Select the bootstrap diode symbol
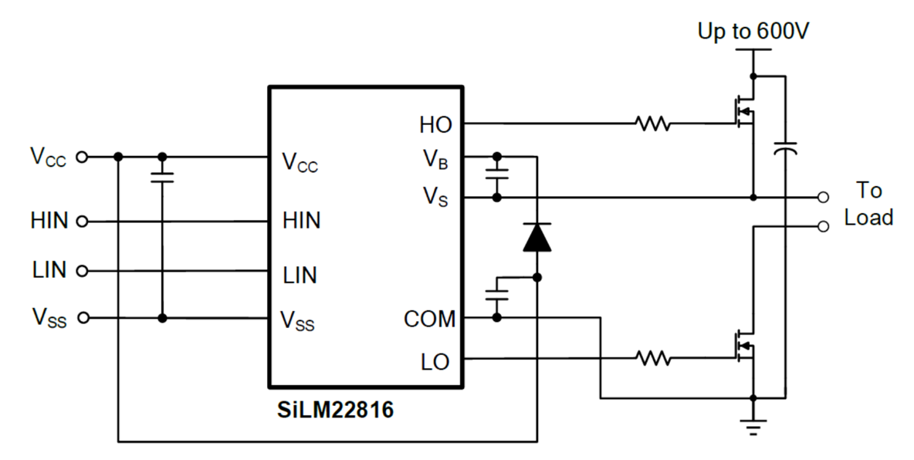click(537, 238)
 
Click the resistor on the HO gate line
click(652, 123)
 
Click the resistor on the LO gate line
click(652, 358)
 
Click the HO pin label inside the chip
click(435, 124)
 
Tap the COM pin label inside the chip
click(429, 319)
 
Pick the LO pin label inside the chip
click(435, 362)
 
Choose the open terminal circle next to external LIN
click(83, 271)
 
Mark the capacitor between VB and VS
click(496, 174)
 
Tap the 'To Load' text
click(868, 204)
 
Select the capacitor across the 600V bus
click(785, 147)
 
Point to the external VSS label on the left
click(49, 318)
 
